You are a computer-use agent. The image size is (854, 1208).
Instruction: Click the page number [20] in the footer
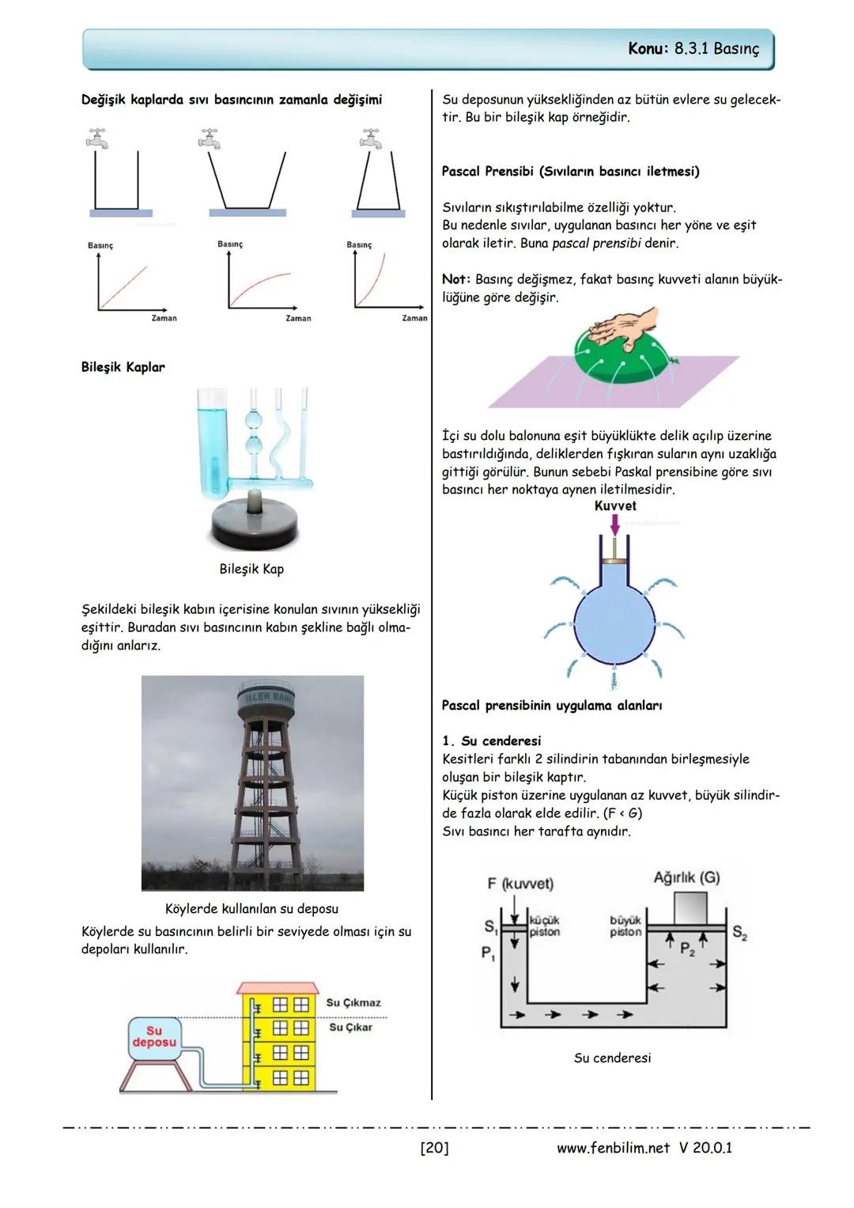coord(434,1148)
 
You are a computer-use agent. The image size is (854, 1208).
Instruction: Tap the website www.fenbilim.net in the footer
coord(613,1148)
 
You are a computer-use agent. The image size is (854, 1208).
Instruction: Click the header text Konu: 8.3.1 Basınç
coord(693,49)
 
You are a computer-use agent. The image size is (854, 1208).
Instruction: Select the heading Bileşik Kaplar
coord(123,367)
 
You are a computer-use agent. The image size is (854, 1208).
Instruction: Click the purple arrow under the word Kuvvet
coord(615,524)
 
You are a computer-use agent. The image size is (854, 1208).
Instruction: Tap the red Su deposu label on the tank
coord(154,1036)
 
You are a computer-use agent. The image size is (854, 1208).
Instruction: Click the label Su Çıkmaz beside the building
coord(353,1002)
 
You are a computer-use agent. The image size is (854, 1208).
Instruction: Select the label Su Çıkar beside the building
coord(350,1027)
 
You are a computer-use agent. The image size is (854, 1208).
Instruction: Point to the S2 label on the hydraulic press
coord(739,933)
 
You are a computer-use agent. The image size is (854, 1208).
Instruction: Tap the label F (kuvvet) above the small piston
coord(520,883)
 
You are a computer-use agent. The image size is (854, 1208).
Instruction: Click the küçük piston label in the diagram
coord(544,926)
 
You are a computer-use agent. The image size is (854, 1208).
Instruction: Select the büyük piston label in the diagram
coord(625,926)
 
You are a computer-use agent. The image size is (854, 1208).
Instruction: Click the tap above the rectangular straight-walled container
coord(97,139)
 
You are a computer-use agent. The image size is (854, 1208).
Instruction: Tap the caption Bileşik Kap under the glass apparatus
coord(251,569)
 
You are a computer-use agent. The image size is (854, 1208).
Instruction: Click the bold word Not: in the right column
coord(456,279)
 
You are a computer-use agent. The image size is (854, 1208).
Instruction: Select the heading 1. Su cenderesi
coord(491,741)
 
